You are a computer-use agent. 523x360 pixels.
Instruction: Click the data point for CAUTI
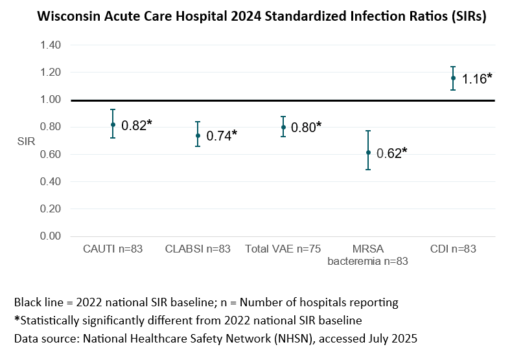click(x=113, y=124)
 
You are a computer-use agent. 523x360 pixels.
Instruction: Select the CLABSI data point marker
click(x=198, y=135)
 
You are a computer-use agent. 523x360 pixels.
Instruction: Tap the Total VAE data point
click(x=283, y=127)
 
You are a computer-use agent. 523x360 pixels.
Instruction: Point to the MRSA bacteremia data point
click(x=368, y=152)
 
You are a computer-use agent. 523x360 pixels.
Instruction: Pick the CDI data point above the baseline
click(x=453, y=78)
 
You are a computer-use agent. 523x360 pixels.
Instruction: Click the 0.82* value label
click(x=136, y=126)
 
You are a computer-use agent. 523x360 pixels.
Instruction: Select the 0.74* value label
click(x=222, y=136)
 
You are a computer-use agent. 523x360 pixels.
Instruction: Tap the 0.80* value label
click(x=306, y=128)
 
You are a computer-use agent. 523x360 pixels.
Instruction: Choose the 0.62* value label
click(x=391, y=153)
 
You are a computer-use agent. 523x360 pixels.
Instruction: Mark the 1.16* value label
click(x=476, y=79)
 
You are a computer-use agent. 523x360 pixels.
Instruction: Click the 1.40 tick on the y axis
click(x=51, y=45)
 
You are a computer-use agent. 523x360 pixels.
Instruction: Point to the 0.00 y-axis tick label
click(x=51, y=236)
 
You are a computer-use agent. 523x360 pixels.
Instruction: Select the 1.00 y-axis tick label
click(x=51, y=100)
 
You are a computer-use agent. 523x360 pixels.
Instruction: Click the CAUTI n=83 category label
click(x=113, y=249)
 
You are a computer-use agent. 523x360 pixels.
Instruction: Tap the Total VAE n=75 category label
click(x=283, y=249)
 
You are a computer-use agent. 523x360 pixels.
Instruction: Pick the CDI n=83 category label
click(x=453, y=249)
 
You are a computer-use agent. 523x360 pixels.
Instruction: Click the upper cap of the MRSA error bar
click(x=368, y=131)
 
